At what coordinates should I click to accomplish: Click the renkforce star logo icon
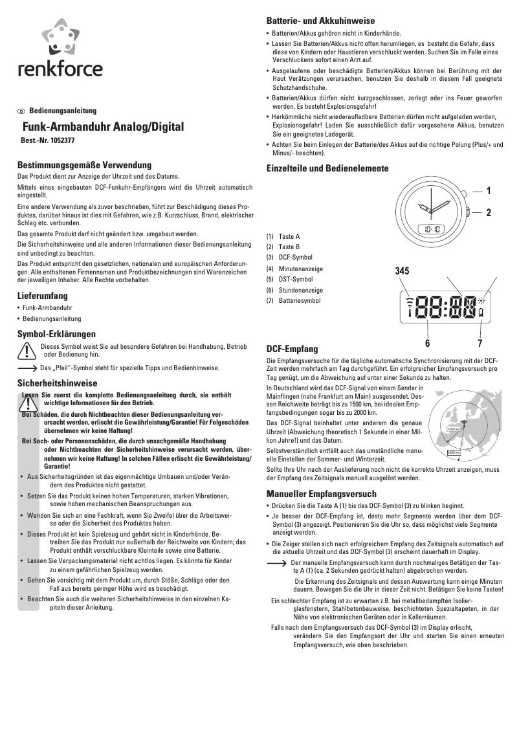pyautogui.click(x=60, y=38)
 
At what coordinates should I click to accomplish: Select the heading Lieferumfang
pyautogui.click(x=44, y=295)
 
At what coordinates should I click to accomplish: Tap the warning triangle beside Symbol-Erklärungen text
pyautogui.click(x=27, y=350)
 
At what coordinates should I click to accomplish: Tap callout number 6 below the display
pyautogui.click(x=427, y=342)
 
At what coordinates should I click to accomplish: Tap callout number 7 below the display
pyautogui.click(x=480, y=342)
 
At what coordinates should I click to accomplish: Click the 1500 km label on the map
pyautogui.click(x=454, y=429)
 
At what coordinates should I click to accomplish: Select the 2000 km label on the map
pyautogui.click(x=454, y=452)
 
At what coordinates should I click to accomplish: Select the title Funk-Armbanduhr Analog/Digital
pyautogui.click(x=104, y=127)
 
